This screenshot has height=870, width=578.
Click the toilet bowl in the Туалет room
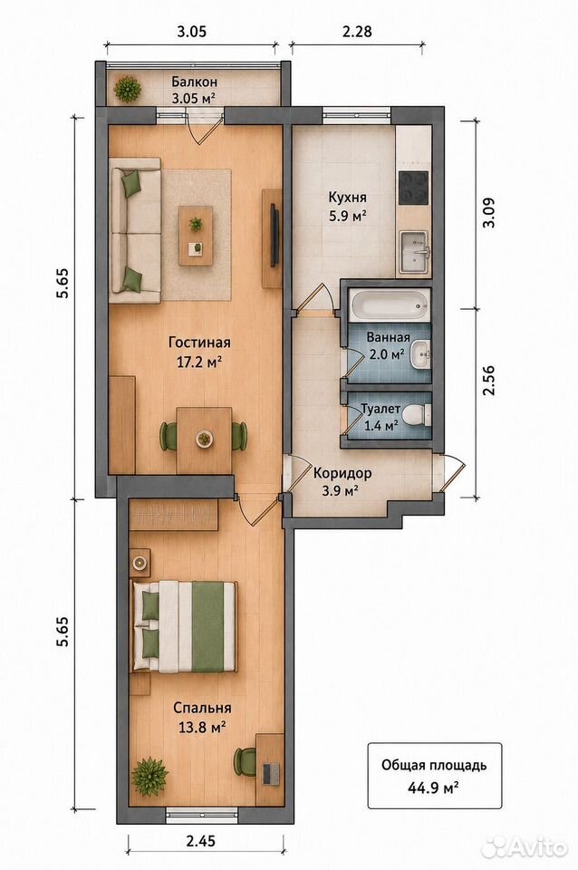tap(417, 414)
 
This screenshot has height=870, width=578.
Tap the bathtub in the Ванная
tap(389, 304)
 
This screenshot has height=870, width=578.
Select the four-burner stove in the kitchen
tap(414, 188)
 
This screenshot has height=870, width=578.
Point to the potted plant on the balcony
tap(128, 89)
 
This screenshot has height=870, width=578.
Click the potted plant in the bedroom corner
tap(149, 777)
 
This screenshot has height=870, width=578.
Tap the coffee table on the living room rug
tap(196, 236)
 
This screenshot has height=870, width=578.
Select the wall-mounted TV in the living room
tap(274, 236)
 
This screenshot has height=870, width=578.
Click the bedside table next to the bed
tap(140, 563)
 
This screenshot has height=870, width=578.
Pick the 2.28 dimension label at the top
tap(357, 31)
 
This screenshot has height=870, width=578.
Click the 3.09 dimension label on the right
tap(489, 212)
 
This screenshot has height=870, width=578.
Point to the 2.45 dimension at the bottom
tap(201, 841)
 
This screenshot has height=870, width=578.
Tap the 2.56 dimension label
tap(488, 380)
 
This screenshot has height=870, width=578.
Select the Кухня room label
tap(347, 197)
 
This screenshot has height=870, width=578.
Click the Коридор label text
tap(342, 473)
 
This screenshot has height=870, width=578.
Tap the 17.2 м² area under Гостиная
tap(199, 362)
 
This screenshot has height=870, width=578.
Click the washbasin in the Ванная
tap(421, 355)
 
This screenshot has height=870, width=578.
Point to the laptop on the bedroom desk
tap(270, 773)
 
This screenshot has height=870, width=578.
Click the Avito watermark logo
tap(525, 847)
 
